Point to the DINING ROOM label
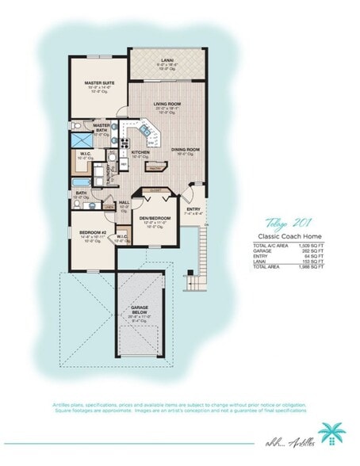pyautogui.click(x=185, y=149)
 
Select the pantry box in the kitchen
pyautogui.click(x=155, y=168)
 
